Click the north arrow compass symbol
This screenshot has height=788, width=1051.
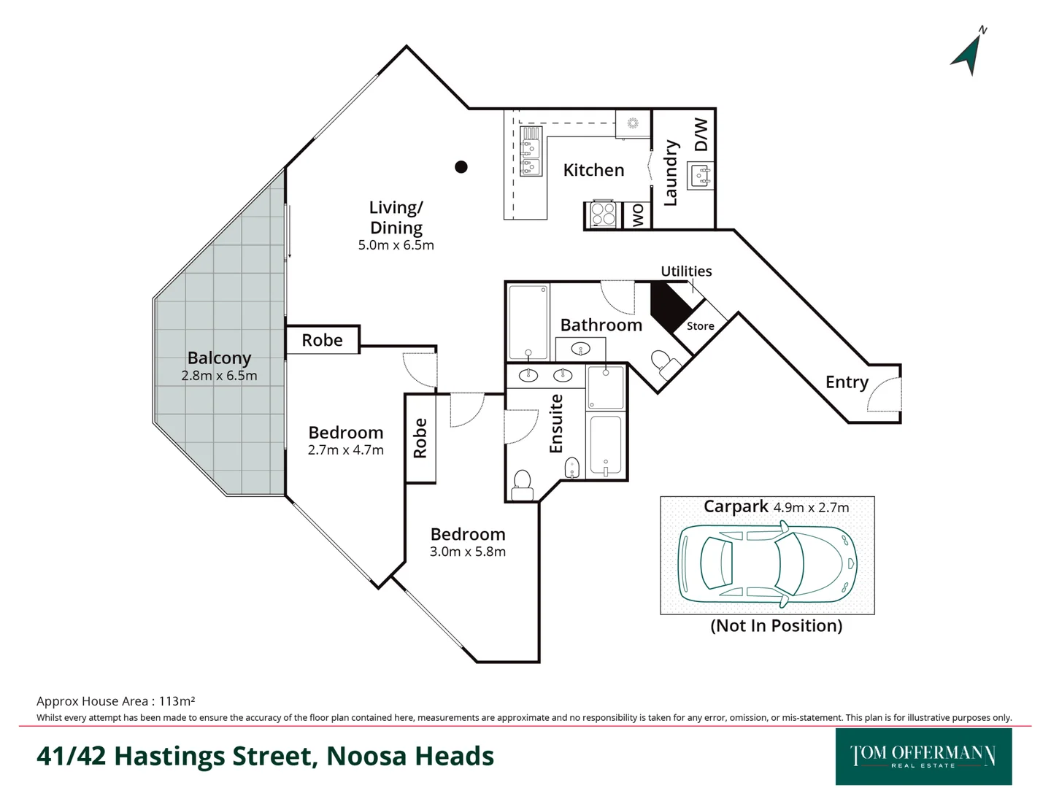[969, 53]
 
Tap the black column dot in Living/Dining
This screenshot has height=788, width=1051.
[461, 167]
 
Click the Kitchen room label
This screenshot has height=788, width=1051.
[593, 170]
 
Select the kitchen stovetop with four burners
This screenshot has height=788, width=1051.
[603, 215]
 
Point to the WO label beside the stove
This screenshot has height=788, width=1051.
[638, 215]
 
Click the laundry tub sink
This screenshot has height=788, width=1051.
[701, 175]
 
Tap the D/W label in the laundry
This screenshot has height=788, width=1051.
[701, 134]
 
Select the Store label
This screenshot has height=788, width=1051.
[700, 326]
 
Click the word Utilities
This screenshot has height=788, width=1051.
[686, 271]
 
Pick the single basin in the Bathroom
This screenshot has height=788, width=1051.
[580, 349]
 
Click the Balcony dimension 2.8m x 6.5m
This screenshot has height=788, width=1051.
[219, 376]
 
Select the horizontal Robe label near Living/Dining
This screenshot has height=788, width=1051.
[322, 340]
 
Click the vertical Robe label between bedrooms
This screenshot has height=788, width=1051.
[420, 438]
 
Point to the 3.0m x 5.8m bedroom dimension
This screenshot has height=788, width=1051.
[467, 552]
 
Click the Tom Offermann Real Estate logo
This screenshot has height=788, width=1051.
[923, 757]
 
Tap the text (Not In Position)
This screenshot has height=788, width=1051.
[776, 625]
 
